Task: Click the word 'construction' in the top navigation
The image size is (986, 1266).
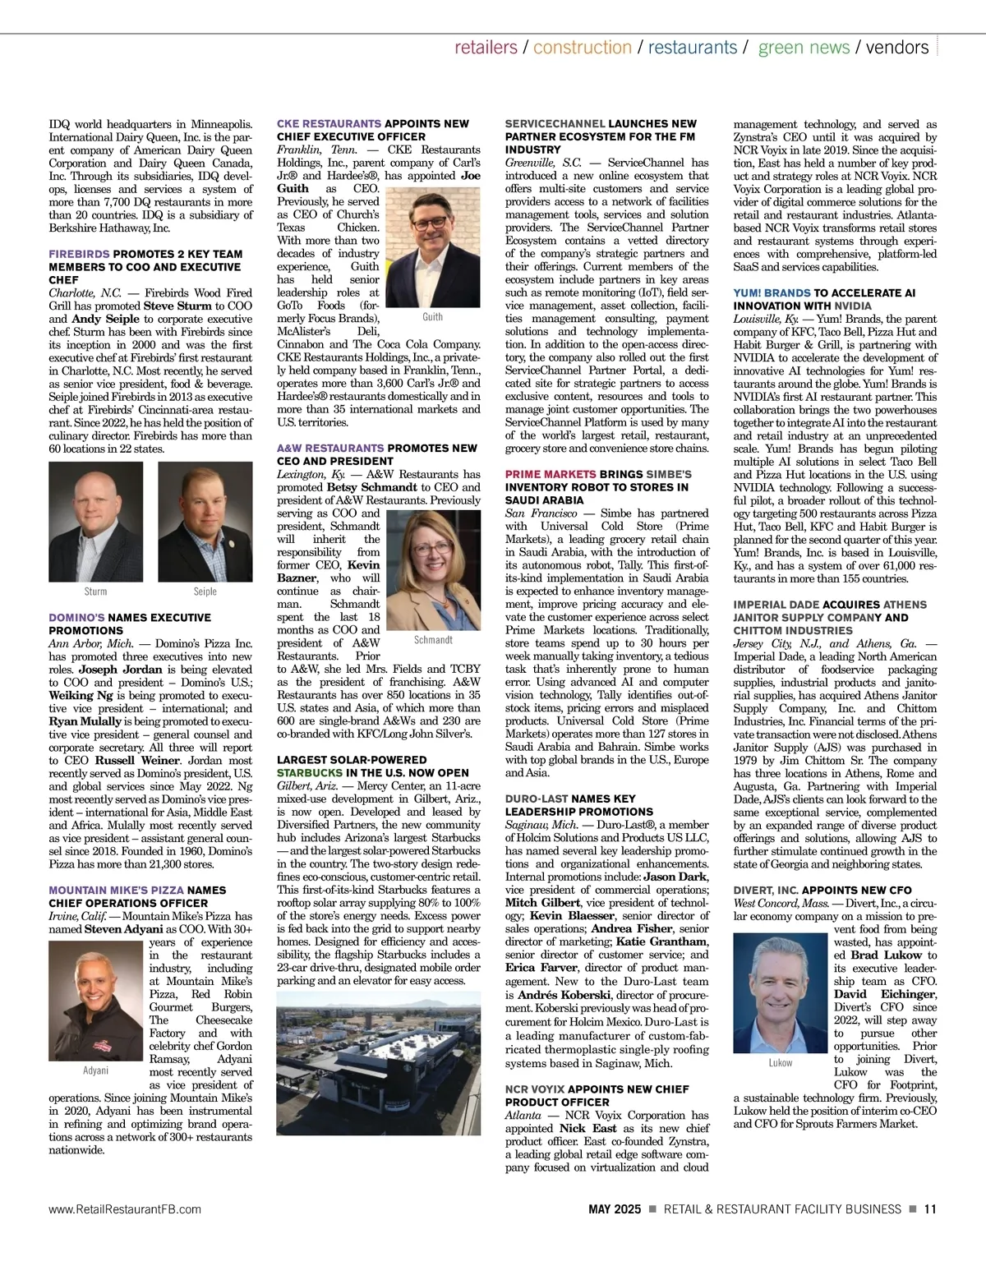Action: [x=582, y=48]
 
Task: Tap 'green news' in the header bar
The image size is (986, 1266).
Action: [x=804, y=48]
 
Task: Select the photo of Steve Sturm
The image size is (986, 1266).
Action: [x=95, y=522]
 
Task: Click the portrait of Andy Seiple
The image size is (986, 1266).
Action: [x=205, y=522]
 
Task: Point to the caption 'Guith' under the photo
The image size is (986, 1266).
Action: [x=432, y=317]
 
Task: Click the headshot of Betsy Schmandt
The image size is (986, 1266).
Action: [x=433, y=569]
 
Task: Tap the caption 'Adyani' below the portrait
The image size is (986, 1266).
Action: [x=95, y=1070]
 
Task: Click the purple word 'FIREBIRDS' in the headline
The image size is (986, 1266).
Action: [x=79, y=254]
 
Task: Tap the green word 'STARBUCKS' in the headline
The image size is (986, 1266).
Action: [x=310, y=773]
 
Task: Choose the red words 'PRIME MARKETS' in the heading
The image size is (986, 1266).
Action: [x=551, y=475]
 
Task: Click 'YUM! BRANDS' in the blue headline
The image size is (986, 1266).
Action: [x=772, y=293]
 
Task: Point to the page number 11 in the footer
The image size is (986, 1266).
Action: [x=930, y=1209]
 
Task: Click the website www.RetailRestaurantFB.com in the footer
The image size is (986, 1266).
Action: [x=125, y=1209]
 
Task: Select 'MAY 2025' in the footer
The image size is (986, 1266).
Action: [x=614, y=1209]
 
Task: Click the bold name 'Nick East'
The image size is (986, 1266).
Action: [x=588, y=1129]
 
